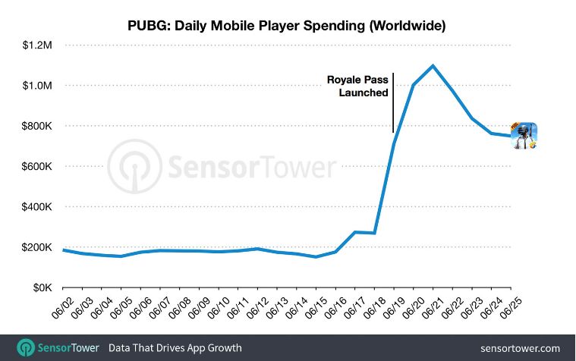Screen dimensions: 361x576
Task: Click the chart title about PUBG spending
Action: [287, 25]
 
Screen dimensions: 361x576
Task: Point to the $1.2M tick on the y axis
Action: [36, 46]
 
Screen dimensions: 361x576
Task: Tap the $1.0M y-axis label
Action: [36, 86]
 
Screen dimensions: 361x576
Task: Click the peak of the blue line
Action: [433, 65]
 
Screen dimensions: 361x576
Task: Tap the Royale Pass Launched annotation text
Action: [357, 86]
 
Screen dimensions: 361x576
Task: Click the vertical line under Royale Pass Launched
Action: [393, 115]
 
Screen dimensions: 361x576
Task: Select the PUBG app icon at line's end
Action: [524, 136]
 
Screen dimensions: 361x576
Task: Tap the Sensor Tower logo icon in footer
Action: [27, 347]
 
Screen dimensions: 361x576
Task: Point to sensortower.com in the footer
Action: [520, 348]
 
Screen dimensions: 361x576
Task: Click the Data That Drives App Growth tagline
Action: [175, 348]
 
